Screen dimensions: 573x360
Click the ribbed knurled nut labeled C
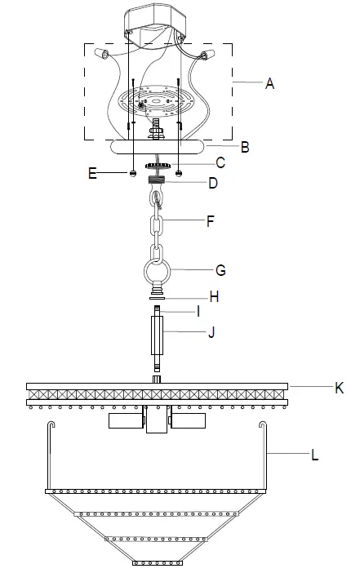(x=157, y=164)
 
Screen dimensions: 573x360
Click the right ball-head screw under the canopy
(x=180, y=174)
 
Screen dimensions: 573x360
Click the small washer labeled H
(x=157, y=299)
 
